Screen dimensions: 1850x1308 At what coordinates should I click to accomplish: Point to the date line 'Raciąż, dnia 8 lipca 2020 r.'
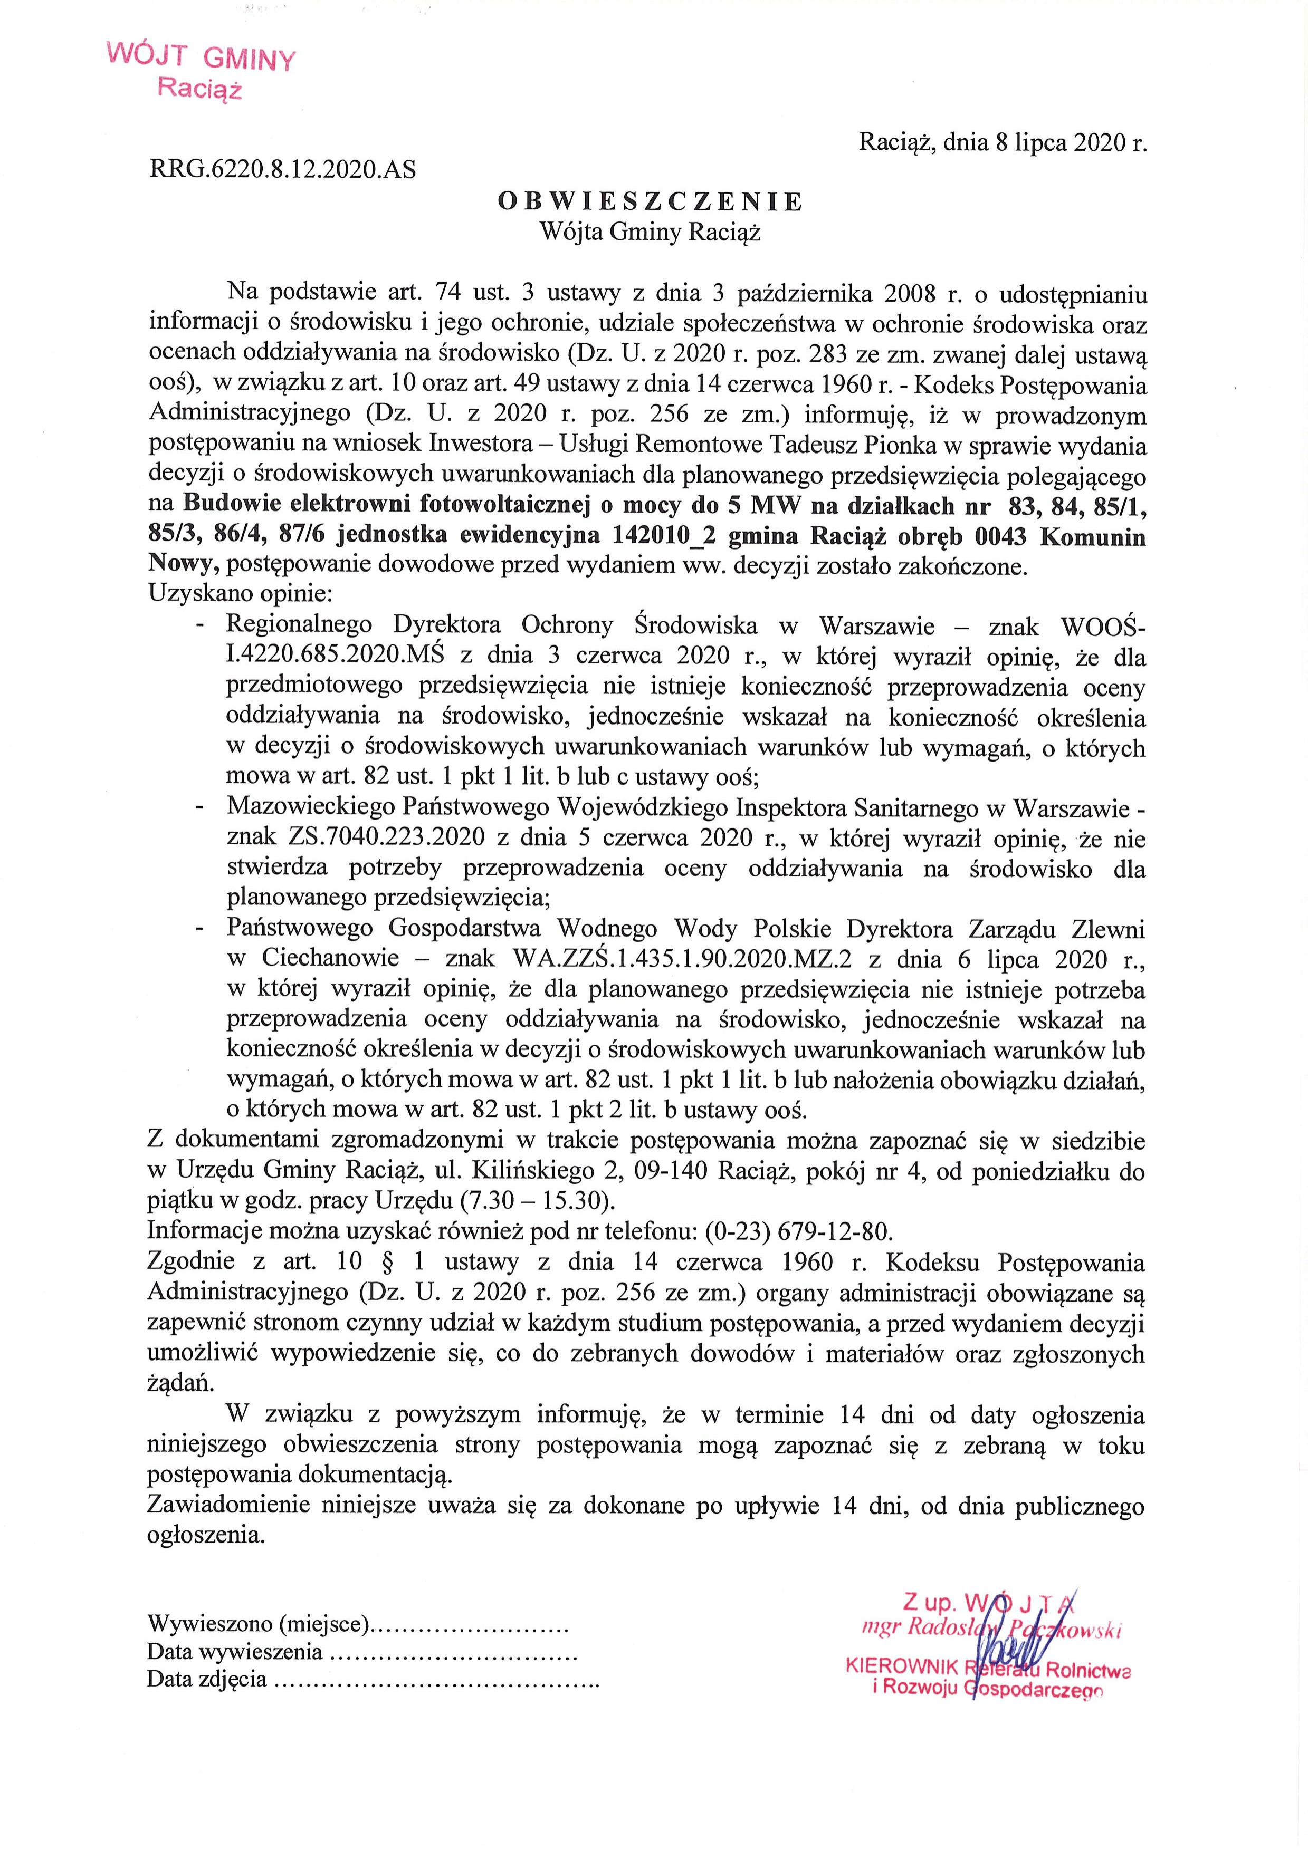(1003, 142)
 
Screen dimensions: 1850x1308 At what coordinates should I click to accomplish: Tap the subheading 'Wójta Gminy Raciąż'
(651, 233)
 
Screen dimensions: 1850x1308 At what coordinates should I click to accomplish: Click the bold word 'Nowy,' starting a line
(185, 566)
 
